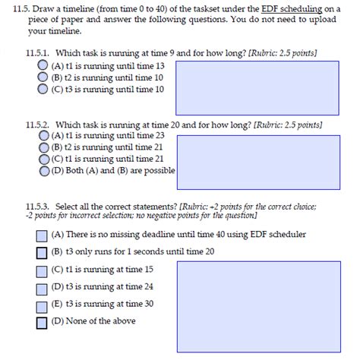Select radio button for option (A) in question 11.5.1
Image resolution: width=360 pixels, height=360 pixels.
[x=43, y=67]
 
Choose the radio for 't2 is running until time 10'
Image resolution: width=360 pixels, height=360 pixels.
[x=43, y=78]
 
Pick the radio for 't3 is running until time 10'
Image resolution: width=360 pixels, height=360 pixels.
[x=43, y=89]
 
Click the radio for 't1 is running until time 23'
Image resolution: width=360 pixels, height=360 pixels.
[x=44, y=135]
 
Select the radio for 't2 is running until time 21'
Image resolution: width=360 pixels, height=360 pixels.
[x=44, y=147]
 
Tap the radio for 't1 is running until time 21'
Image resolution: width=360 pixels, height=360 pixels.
[x=44, y=159]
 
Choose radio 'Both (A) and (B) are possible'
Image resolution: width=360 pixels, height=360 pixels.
[x=44, y=170]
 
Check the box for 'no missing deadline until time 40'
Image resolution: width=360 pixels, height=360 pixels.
[x=42, y=235]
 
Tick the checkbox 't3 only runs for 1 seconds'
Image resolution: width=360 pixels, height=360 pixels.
[x=42, y=252]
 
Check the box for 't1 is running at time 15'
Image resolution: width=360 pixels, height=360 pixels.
[x=42, y=270]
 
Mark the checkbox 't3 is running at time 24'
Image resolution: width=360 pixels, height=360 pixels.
[x=42, y=288]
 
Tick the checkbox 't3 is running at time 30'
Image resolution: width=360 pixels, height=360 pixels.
[x=42, y=305]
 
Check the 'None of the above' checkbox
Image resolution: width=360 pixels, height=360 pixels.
[x=42, y=322]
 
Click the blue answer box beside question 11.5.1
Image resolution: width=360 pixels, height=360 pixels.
[x=257, y=87]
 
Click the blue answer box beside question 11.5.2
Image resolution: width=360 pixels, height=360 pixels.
[x=257, y=161]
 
